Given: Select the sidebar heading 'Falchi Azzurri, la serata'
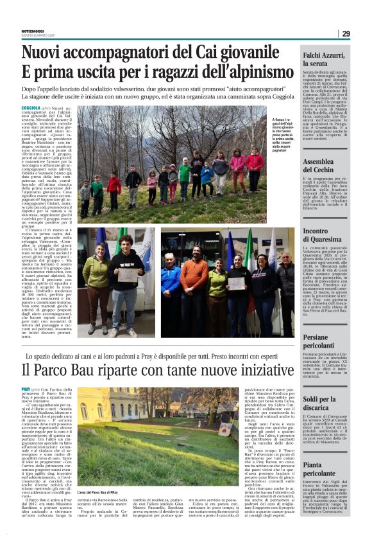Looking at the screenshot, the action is click(325, 60).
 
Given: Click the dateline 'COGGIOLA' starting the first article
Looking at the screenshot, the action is click(31, 109).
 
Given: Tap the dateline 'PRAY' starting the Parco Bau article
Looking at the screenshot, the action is click(26, 390).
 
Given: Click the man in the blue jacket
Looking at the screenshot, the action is click(171, 283).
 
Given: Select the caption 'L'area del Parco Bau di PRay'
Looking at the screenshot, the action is click(101, 509).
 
